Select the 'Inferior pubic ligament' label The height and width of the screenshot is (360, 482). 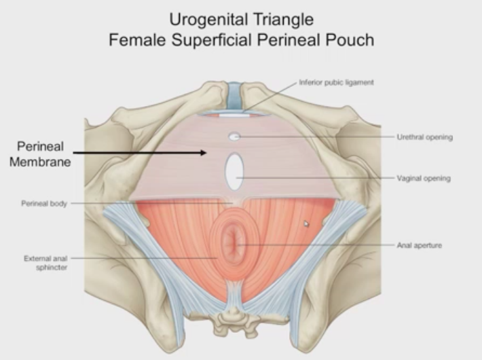336,83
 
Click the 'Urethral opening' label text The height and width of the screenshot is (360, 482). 424,137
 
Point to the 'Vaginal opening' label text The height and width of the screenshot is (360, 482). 424,179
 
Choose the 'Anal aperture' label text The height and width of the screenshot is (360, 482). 419,245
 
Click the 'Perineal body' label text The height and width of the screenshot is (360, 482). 44,203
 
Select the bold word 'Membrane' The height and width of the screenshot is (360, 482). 39,162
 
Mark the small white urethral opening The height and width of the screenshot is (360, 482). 234,137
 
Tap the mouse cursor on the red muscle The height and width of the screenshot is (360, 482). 306,223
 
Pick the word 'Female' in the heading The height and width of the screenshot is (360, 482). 134,39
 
